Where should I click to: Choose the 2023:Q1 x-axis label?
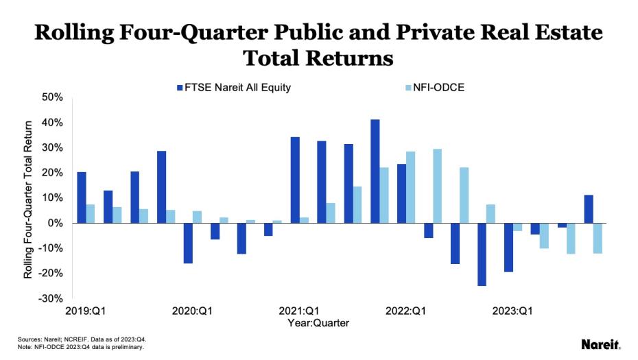pyautogui.click(x=513, y=311)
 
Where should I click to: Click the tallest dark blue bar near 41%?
pyautogui.click(x=375, y=171)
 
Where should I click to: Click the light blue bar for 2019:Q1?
pyautogui.click(x=91, y=214)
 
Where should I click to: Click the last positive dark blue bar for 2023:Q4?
pyautogui.click(x=589, y=209)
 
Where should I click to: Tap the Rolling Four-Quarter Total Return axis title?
pyautogui.click(x=28, y=200)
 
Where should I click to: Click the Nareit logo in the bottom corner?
pyautogui.click(x=600, y=344)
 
